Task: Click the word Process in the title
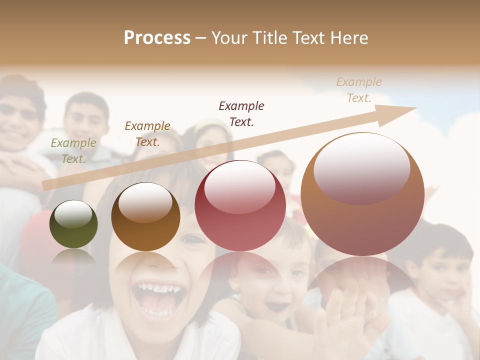157,38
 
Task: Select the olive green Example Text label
73,151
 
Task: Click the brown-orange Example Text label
147,133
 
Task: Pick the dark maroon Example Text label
241,113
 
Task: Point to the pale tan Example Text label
359,90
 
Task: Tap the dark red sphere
240,205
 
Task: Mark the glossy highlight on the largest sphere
361,167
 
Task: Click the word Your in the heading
230,38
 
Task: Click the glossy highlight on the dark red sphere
239,186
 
